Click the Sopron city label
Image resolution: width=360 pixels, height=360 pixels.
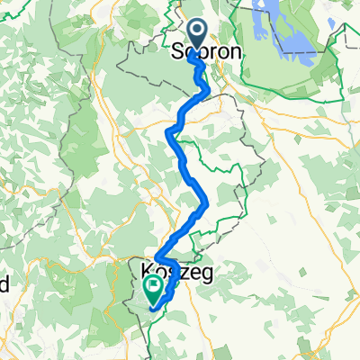tap(207, 52)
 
